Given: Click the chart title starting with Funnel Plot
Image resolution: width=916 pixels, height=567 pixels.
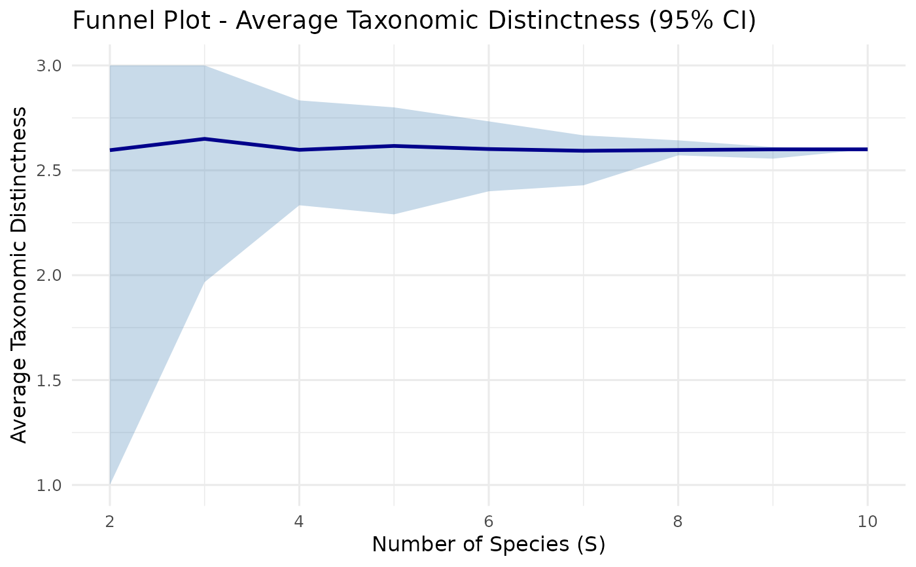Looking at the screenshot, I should click(x=414, y=20).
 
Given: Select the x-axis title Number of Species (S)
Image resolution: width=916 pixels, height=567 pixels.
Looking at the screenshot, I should click(x=488, y=544).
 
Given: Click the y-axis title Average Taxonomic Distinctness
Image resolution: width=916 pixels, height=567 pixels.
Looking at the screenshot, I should click(x=20, y=275).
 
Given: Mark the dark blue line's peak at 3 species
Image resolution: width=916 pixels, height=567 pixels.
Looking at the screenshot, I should click(x=204, y=139).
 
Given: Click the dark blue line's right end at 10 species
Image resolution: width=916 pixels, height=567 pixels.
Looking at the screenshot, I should click(x=867, y=149).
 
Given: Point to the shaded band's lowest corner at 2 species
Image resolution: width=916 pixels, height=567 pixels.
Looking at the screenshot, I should click(x=110, y=484).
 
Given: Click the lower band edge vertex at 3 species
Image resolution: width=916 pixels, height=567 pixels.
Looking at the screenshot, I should click(x=204, y=282).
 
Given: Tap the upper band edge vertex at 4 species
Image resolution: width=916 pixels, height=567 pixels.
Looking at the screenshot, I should click(x=299, y=100).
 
